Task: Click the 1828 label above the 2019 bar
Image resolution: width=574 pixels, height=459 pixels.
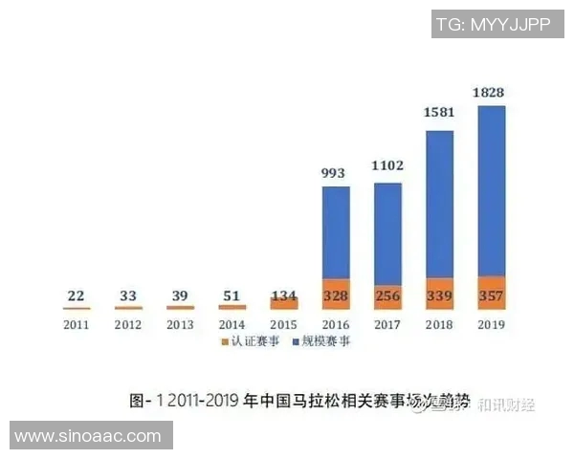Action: (491, 93)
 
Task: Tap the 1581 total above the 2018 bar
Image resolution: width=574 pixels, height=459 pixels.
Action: (439, 113)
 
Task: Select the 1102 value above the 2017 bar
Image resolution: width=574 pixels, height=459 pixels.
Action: (387, 165)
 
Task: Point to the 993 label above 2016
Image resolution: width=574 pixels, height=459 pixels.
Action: (336, 172)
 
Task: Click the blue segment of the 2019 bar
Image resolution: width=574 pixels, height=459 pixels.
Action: (491, 191)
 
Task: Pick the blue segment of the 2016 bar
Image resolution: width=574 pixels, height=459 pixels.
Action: (336, 232)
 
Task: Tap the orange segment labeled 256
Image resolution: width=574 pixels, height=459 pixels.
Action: (387, 296)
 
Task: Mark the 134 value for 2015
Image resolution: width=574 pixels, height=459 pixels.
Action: (284, 296)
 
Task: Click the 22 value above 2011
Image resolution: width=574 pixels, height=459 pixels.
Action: (77, 296)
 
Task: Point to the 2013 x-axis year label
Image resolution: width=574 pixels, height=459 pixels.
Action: (180, 324)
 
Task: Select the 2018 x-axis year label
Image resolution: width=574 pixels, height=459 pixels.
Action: (439, 324)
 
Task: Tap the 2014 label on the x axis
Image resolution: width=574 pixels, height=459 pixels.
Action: (232, 324)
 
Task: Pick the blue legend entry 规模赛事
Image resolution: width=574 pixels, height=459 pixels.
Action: (321, 342)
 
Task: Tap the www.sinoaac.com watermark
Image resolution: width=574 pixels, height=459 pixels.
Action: (88, 436)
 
